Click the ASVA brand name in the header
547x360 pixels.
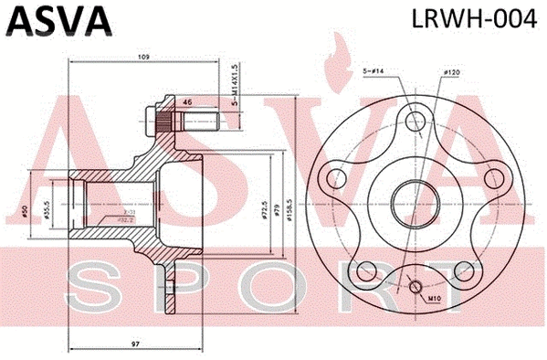58,19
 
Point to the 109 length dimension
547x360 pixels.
142,58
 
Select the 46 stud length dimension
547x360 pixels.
186,102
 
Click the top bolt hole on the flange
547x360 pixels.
415,119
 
